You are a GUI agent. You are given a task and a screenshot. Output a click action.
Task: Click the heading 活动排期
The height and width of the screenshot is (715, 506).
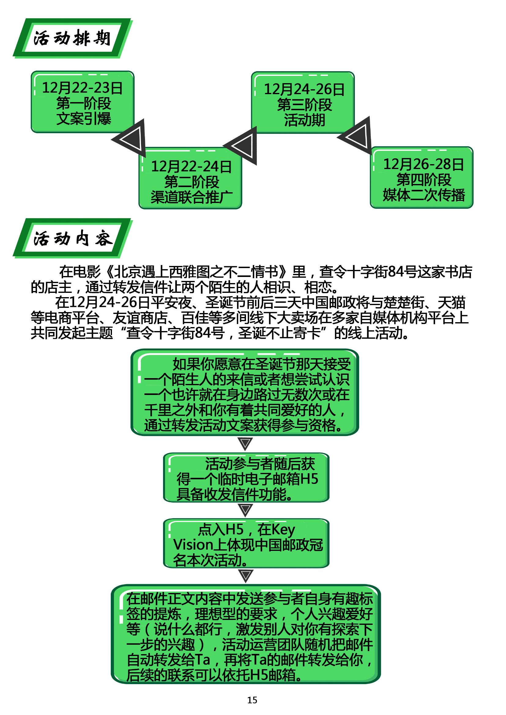[x=72, y=39]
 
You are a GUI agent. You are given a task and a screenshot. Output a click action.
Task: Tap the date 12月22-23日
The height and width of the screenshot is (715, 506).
[x=82, y=88]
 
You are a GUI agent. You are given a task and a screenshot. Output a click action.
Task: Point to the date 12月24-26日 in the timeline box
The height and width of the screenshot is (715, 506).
[x=304, y=90]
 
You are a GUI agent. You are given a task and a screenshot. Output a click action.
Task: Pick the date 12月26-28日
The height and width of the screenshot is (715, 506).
[x=423, y=164]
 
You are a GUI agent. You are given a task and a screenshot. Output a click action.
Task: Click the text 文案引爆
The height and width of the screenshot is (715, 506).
[x=84, y=119]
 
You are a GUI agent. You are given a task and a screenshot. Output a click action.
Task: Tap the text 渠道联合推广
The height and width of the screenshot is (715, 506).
[x=192, y=197]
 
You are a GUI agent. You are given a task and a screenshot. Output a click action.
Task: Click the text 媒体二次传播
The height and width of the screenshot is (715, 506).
[x=424, y=195]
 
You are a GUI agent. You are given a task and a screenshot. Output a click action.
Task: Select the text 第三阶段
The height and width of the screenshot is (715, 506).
[x=304, y=105]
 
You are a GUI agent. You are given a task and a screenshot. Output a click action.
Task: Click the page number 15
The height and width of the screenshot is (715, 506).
[x=252, y=700]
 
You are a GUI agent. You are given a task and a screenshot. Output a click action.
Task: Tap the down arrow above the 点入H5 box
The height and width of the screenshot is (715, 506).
[x=245, y=510]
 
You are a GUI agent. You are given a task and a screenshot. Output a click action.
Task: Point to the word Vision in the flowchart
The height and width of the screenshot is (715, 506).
[x=193, y=545]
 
